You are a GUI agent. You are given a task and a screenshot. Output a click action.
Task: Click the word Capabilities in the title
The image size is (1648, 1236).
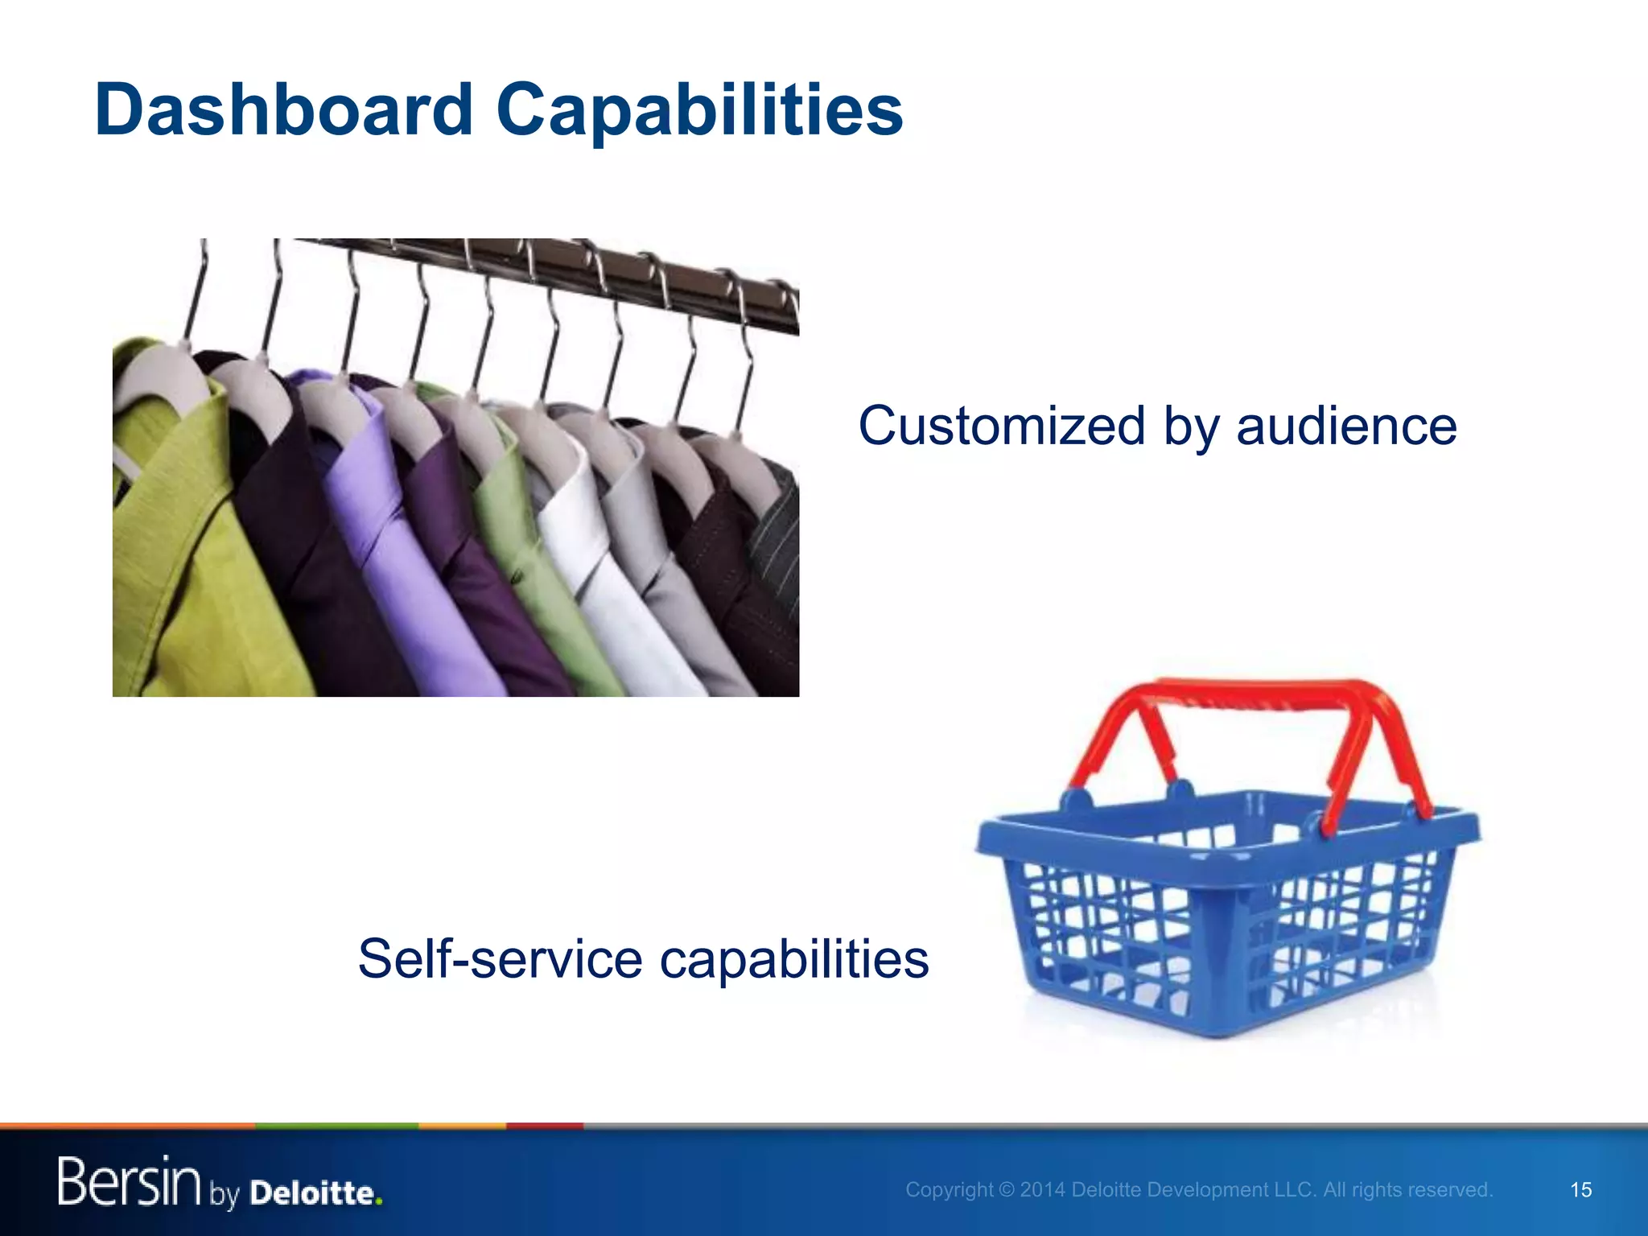(699, 110)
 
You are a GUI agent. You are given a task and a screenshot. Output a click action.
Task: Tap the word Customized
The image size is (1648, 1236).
(1001, 426)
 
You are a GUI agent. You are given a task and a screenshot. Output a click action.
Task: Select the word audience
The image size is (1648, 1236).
(1346, 426)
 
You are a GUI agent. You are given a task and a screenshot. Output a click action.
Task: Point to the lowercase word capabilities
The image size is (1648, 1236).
(794, 959)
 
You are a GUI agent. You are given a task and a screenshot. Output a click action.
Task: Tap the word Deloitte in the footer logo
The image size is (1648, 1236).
(314, 1193)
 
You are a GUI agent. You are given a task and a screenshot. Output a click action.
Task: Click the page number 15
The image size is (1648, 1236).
(1580, 1189)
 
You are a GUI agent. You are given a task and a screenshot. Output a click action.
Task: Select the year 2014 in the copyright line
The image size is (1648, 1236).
(1043, 1189)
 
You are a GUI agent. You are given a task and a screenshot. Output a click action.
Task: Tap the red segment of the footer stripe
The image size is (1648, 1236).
(544, 1126)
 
